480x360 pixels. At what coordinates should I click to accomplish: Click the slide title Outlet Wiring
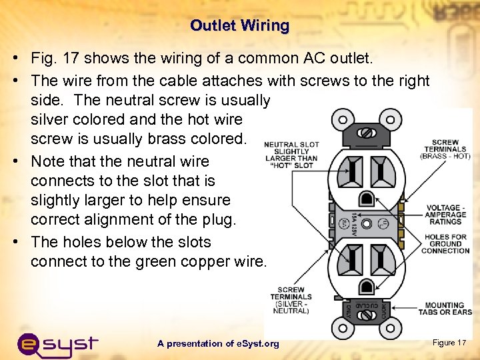(x=239, y=26)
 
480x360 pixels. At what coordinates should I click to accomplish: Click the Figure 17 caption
(x=449, y=343)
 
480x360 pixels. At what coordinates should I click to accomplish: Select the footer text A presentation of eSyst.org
(x=218, y=344)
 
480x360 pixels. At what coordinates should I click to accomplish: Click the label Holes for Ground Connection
(x=445, y=244)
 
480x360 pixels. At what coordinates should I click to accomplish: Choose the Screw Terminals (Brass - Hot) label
(x=445, y=149)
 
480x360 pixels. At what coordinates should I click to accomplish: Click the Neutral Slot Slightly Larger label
(x=292, y=155)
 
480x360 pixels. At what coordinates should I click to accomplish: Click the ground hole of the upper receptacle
(x=366, y=198)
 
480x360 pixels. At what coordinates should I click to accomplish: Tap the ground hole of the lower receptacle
(x=366, y=287)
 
